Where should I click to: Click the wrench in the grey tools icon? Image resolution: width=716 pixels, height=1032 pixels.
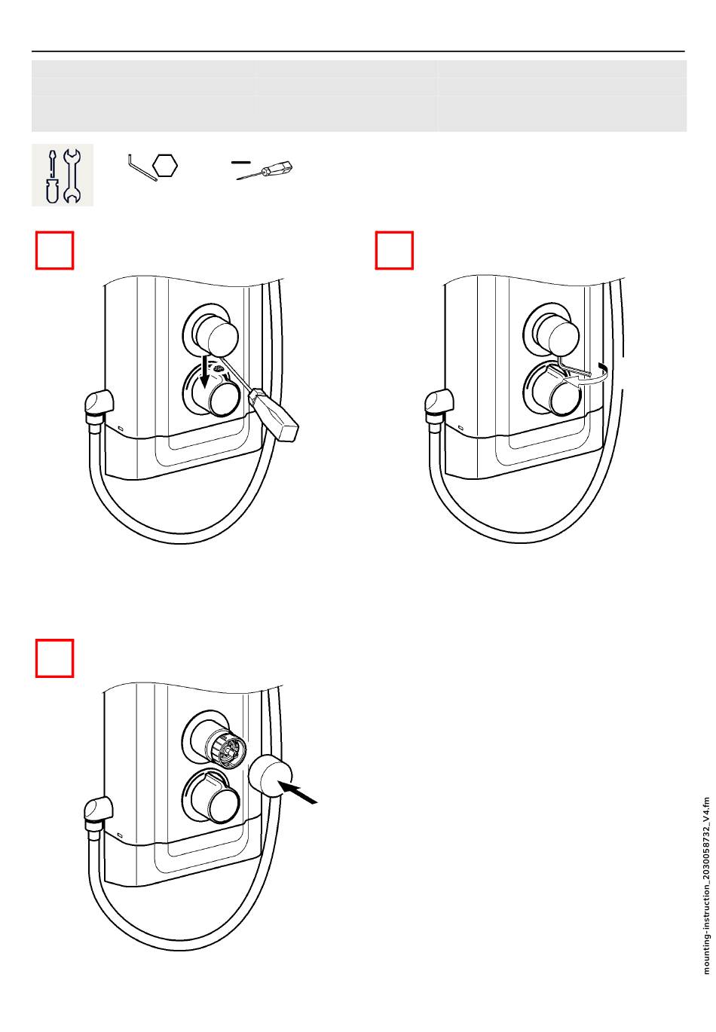[72, 176]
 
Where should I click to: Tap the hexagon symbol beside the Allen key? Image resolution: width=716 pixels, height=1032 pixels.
[164, 166]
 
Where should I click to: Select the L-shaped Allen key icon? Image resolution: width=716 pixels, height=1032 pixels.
[142, 168]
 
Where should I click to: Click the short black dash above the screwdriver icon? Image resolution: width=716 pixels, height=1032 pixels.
[240, 162]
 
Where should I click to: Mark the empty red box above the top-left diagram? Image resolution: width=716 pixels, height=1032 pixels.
[54, 250]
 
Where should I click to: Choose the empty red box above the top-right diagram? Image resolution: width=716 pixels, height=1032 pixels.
[393, 250]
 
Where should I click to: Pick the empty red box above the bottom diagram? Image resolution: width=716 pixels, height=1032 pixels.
[54, 658]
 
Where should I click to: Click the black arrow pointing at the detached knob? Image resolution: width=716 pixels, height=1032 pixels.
[298, 792]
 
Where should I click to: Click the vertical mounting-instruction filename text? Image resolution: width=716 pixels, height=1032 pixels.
[706, 886]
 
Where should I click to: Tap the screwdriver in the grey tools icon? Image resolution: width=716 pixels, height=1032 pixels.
[52, 176]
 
